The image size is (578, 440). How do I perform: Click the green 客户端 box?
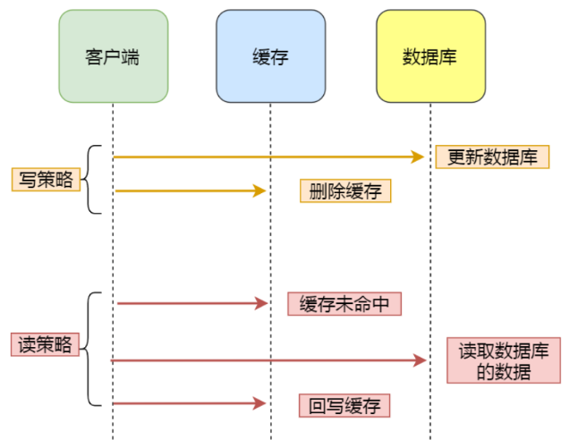pyautogui.click(x=113, y=55)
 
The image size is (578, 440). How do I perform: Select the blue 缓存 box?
pyautogui.click(x=270, y=55)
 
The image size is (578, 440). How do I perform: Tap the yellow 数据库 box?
pyautogui.click(x=430, y=55)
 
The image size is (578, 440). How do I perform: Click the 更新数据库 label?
pyautogui.click(x=492, y=157)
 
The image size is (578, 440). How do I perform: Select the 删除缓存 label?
pyautogui.click(x=345, y=190)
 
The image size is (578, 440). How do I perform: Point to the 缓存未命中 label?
pyautogui.click(x=344, y=304)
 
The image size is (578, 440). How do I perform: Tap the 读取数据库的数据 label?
pyautogui.click(x=504, y=360)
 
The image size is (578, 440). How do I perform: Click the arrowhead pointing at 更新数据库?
pyautogui.click(x=417, y=157)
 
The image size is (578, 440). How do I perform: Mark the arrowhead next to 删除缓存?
pyautogui.click(x=260, y=190)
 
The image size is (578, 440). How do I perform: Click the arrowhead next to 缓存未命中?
pyautogui.click(x=261, y=304)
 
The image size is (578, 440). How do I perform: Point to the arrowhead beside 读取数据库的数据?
pyautogui.click(x=419, y=360)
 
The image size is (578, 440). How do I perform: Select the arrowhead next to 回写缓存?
pyautogui.click(x=261, y=404)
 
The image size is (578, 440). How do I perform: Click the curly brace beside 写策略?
pyautogui.click(x=93, y=179)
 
